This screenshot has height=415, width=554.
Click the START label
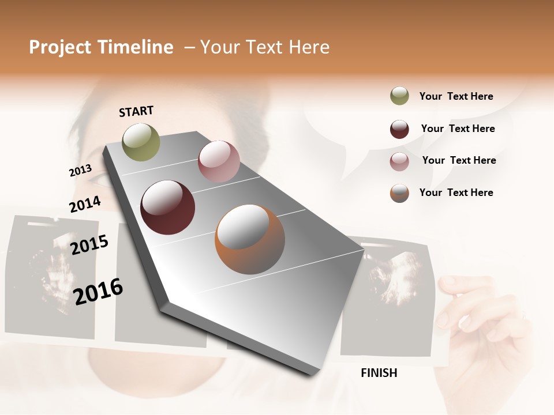coord(136,111)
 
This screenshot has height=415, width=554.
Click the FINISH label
coord(379,373)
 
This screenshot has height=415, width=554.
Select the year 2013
coord(80,171)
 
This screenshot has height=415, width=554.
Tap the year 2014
coord(85,204)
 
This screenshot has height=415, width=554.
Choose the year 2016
coord(98,291)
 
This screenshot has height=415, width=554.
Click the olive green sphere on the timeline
coord(141,142)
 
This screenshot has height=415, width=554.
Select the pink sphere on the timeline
coord(219,161)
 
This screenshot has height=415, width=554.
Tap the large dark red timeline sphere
coord(167,207)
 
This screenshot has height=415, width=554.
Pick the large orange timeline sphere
coord(249,239)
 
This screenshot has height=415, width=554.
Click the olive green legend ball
coord(399,96)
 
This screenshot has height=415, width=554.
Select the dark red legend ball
coord(399,129)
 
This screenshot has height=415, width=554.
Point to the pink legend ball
coord(399,161)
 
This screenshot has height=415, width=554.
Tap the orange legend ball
coord(399,193)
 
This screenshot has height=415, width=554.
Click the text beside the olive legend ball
coord(456,97)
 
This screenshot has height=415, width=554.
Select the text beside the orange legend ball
coord(456,193)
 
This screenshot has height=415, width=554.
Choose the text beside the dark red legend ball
coord(458,129)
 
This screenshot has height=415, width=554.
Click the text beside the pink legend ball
coord(459,160)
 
